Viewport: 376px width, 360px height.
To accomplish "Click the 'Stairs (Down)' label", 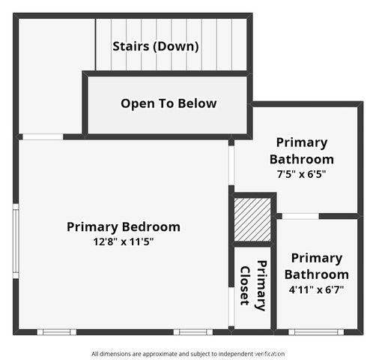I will (156, 46).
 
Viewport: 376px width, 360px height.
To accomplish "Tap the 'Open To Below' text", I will (169, 103).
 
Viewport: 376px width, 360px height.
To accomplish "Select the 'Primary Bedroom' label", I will (124, 226).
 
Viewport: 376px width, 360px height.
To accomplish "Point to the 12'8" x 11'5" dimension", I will (124, 241).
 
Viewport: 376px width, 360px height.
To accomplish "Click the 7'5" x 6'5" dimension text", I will (301, 173).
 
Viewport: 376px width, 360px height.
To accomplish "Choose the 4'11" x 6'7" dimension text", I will (316, 288).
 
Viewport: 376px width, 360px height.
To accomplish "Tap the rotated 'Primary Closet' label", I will (253, 285).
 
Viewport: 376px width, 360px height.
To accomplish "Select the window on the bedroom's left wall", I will (15, 240).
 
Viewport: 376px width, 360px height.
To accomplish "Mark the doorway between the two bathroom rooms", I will (299, 216).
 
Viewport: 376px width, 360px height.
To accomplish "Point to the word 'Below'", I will (197, 103).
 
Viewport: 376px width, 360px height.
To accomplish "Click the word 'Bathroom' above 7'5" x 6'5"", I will (301, 159).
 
